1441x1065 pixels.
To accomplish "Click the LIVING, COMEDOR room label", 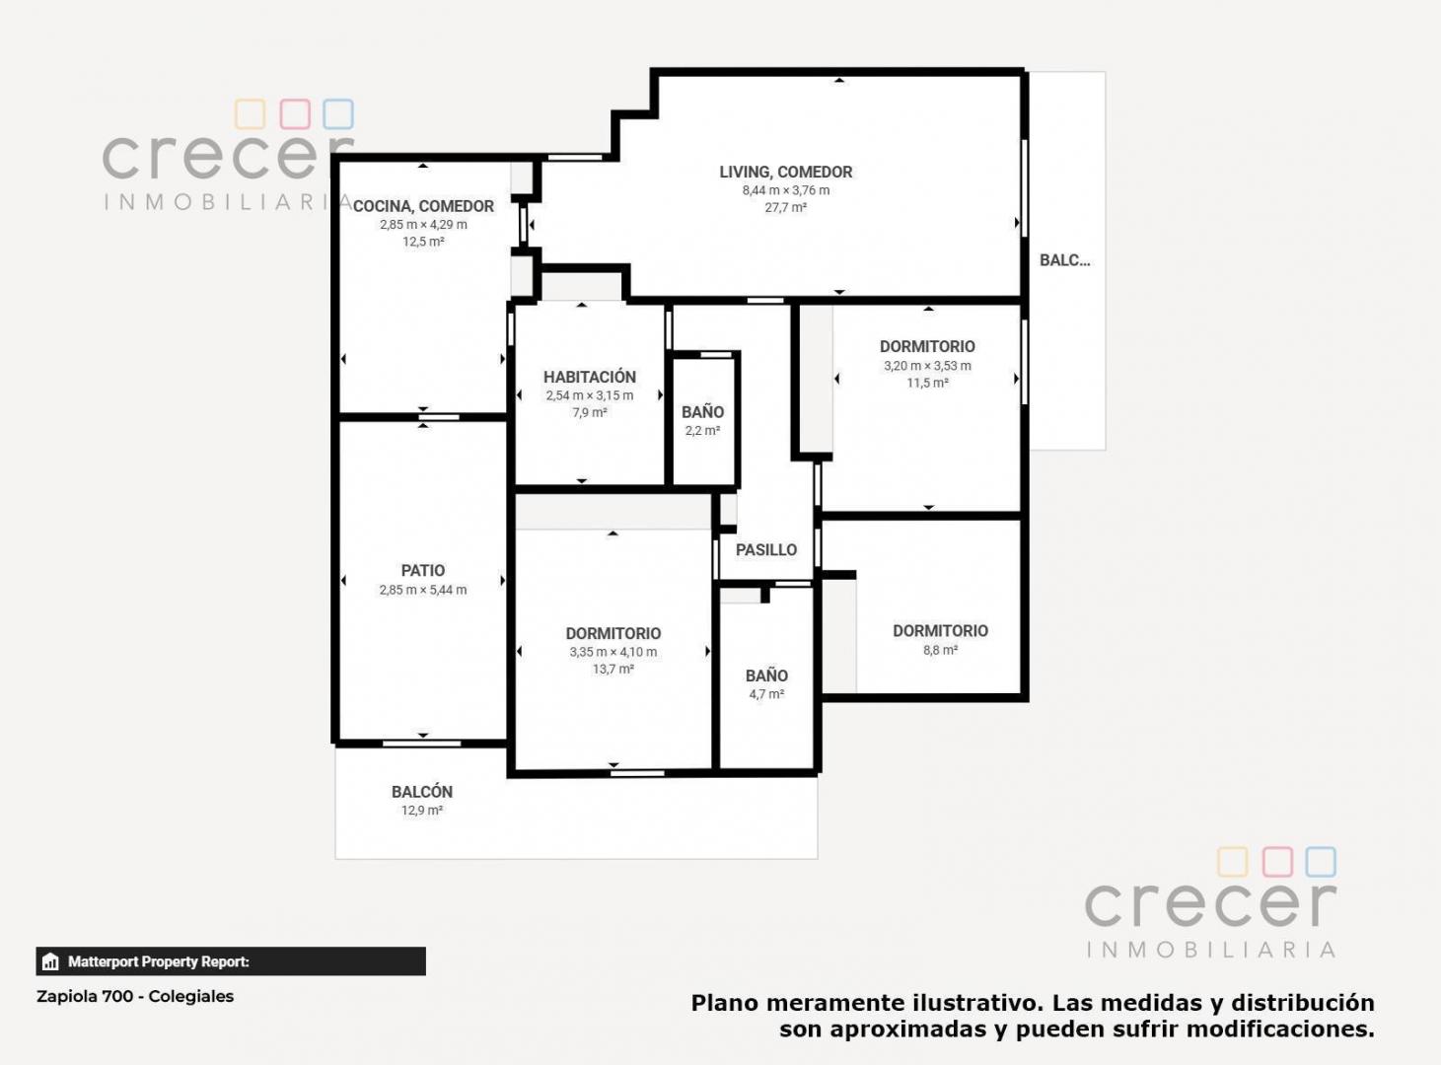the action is [x=785, y=173].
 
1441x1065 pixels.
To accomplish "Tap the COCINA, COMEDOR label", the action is [x=423, y=207].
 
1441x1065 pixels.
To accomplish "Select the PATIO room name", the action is [x=423, y=571].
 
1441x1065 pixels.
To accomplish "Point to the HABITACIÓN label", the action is [x=589, y=377].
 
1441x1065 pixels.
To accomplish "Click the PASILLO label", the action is [x=766, y=549].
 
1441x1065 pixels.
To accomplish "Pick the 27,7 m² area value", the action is [x=785, y=208].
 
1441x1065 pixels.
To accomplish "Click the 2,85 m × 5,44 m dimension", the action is [x=423, y=590].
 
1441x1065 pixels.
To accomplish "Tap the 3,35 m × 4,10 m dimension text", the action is [x=613, y=652].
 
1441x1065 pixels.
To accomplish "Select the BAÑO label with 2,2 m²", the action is [x=702, y=412].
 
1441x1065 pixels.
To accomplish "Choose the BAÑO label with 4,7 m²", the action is [x=766, y=675].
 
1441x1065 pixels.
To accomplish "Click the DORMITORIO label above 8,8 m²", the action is [x=940, y=631].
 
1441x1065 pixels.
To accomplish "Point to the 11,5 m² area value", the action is [x=927, y=384].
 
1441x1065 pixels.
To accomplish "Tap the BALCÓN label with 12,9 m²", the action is [x=421, y=792].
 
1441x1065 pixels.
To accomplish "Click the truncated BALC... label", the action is [x=1065, y=260].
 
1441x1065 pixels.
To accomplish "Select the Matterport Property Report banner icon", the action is [x=50, y=961].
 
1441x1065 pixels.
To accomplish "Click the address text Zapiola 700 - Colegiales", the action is [x=135, y=997].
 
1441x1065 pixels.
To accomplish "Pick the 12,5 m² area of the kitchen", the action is [x=423, y=242].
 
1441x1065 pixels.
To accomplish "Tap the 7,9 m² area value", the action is [x=589, y=412].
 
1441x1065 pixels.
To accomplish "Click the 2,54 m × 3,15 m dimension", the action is [x=589, y=395].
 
